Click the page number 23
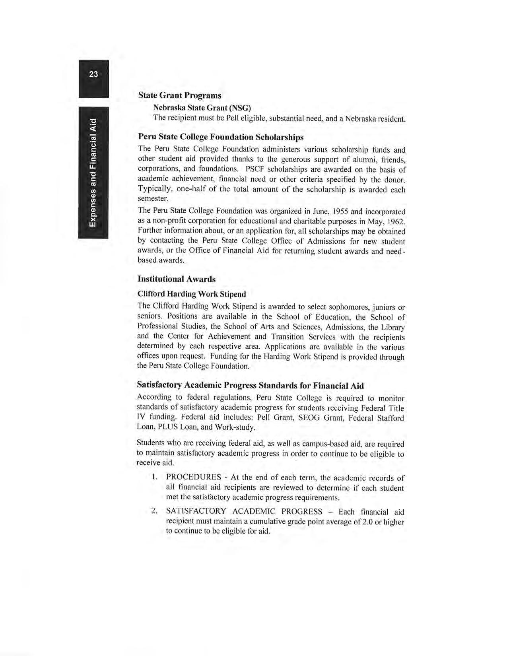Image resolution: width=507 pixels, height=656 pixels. [93, 74]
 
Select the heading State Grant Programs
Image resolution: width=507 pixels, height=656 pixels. [179, 95]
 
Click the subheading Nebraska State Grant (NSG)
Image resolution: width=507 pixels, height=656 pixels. [202, 108]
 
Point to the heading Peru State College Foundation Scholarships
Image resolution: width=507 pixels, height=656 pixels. [220, 137]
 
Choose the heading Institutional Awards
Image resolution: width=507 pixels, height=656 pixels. [176, 279]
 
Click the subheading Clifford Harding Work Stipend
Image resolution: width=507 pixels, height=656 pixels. [191, 294]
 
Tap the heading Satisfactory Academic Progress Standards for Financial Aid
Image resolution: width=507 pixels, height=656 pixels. [250, 386]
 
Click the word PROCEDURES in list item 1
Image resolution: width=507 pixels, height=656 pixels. [194, 477]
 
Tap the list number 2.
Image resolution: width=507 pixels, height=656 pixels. [154, 510]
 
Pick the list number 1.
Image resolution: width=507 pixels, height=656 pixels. [154, 477]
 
